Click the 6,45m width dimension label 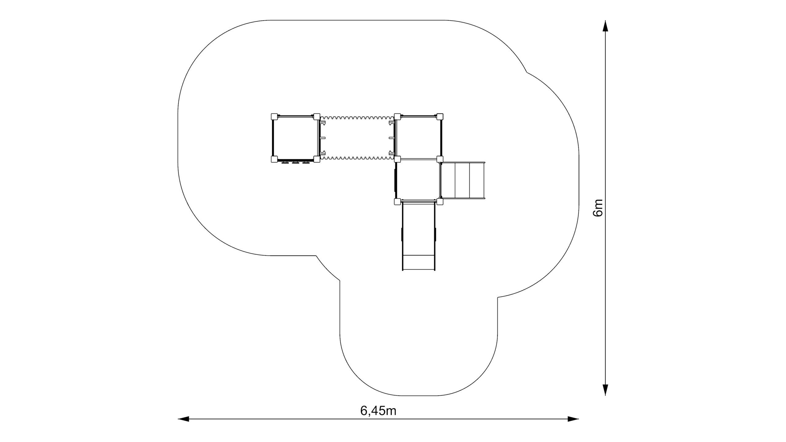378,411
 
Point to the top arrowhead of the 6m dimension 605,26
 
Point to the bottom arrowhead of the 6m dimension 605,390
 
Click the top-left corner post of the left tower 274,117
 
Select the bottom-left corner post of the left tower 274,159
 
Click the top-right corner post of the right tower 440,117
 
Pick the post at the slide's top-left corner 398,202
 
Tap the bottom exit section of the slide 419,262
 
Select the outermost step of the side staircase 477,180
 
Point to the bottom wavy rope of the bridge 357,158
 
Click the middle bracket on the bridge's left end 323,138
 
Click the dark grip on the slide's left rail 402,235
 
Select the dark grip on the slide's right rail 436,235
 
